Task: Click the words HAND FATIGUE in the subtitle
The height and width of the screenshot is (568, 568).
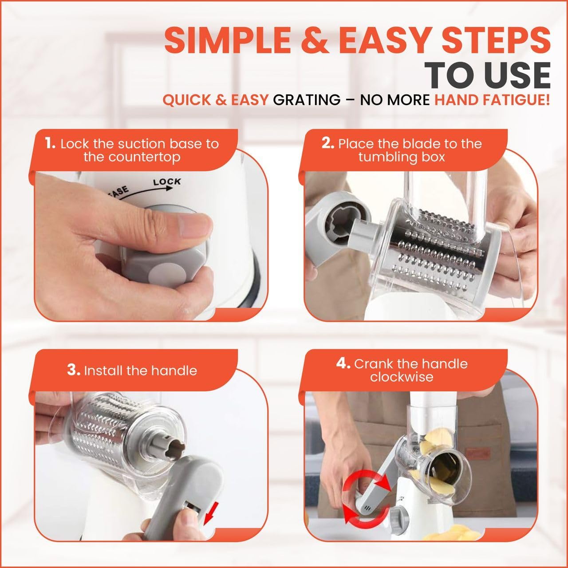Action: (492, 100)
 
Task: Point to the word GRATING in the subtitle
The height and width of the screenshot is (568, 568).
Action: (306, 100)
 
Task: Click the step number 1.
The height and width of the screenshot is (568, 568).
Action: (50, 144)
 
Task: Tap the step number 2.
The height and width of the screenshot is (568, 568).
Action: (327, 144)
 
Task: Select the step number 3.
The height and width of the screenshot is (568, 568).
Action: (73, 370)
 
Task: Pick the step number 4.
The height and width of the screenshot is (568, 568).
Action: (343, 363)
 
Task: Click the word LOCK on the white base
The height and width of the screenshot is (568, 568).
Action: (167, 181)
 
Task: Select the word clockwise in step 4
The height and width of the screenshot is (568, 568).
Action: (402, 377)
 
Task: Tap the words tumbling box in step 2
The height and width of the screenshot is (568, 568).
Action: (402, 157)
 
